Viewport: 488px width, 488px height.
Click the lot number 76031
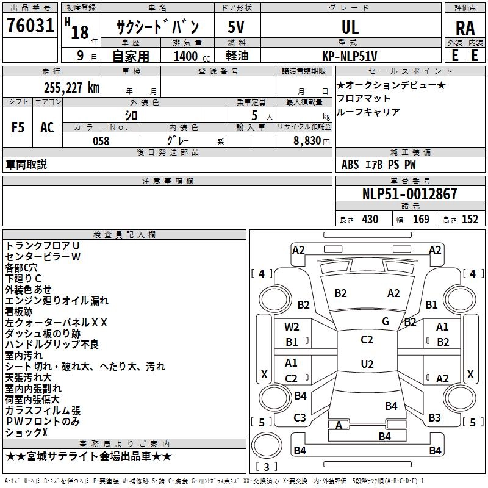tap(30, 26)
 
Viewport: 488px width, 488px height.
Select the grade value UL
tap(350, 27)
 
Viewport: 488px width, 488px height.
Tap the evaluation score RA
tap(465, 28)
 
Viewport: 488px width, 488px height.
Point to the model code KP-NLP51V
tap(350, 56)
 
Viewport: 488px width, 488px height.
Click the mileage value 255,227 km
tap(71, 88)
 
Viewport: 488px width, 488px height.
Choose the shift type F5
tap(18, 127)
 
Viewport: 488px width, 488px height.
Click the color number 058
tap(101, 141)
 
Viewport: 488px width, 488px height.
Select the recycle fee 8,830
tap(307, 141)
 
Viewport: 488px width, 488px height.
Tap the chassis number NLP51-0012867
tap(410, 194)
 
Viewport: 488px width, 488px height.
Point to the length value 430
tap(370, 220)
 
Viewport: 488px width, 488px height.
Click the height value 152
tap(470, 220)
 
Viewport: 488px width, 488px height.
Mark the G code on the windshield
tap(386, 321)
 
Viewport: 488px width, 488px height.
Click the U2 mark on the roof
tap(367, 364)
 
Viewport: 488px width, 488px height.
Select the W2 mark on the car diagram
tap(292, 327)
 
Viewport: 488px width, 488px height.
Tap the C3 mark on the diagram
tap(300, 418)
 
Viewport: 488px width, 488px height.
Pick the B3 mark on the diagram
tap(434, 418)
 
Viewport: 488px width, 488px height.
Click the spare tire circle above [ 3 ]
tap(267, 445)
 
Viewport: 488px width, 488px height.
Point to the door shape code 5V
tap(236, 27)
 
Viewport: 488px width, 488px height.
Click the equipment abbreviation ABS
tap(350, 165)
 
